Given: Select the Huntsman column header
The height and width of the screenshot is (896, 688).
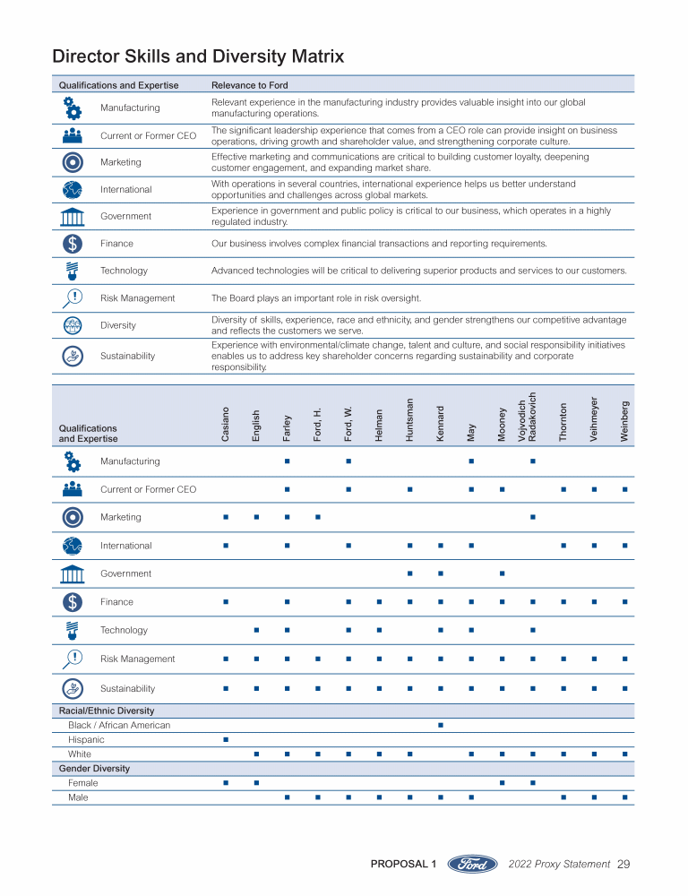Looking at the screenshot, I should coord(409,419).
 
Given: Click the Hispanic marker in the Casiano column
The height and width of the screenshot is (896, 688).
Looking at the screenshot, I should coord(226,740).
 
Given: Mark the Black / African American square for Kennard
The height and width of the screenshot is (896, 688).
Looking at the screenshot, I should coord(441,725).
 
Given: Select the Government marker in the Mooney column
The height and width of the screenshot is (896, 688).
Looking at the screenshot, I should coord(503,573).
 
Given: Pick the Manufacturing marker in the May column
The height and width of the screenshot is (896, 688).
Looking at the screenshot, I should coord(471,461).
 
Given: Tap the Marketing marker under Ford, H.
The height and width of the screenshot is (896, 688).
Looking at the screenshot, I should coord(318,517).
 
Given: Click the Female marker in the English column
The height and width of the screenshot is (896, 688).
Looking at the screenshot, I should coord(256,783).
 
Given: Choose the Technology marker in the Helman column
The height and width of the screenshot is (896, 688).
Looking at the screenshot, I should coord(379,630).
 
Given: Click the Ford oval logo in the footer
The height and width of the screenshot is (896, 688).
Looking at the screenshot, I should coord(472,865).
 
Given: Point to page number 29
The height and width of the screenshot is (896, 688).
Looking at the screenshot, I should coord(623,865).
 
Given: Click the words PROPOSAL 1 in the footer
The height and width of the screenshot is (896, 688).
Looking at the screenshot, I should coord(403,865).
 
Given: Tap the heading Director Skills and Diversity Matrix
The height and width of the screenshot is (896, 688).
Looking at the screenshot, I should coord(198,56).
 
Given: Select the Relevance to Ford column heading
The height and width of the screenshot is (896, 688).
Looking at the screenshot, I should coord(249,85).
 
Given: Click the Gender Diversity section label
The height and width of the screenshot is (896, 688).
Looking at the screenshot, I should coord(94,769).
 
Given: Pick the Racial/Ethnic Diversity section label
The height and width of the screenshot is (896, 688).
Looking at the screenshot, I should coord(107,711).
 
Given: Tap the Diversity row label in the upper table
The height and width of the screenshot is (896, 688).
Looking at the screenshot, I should coord(118,325).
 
